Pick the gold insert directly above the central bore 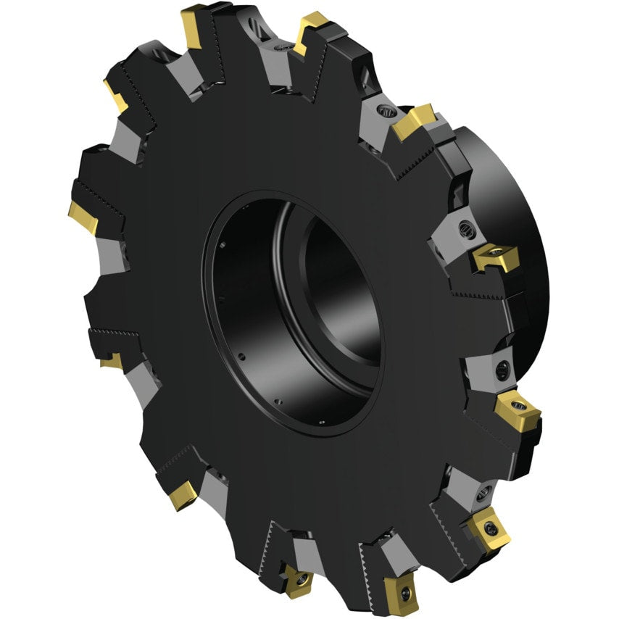(x=312, y=32)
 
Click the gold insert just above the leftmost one (x=115, y=95)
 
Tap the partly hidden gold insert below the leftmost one (x=111, y=360)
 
